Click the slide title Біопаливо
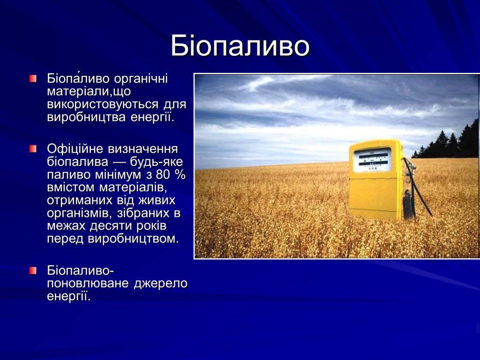pyautogui.click(x=240, y=46)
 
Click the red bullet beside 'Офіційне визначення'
pyautogui.click(x=32, y=149)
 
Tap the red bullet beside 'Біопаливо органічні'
pyautogui.click(x=32, y=78)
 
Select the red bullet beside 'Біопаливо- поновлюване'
pyautogui.click(x=32, y=270)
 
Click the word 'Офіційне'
pyautogui.click(x=75, y=149)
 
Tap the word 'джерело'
pyautogui.click(x=161, y=284)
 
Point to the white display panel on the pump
pyautogui.click(x=372, y=160)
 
